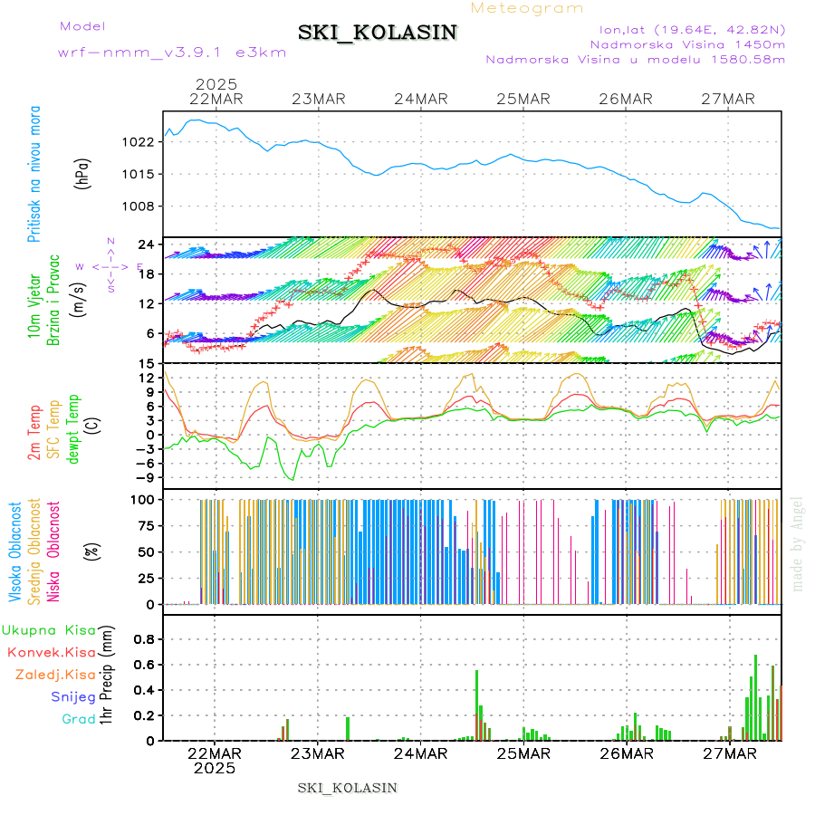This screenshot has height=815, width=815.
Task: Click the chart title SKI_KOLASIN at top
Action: pyautogui.click(x=378, y=33)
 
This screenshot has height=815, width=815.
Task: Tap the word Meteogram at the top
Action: pyautogui.click(x=528, y=8)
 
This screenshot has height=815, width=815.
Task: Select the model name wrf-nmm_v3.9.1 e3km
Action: pyautogui.click(x=172, y=53)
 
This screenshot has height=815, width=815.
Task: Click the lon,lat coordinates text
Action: pyautogui.click(x=687, y=29)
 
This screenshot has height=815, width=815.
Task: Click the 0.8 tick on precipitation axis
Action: pyautogui.click(x=146, y=638)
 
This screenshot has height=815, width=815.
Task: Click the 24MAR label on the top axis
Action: pyautogui.click(x=422, y=99)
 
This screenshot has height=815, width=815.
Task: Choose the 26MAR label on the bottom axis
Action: pyautogui.click(x=626, y=753)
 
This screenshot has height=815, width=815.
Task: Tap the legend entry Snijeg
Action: pyautogui.click(x=73, y=696)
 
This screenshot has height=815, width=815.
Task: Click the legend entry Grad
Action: pyautogui.click(x=78, y=720)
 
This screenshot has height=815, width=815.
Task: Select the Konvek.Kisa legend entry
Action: pyautogui.click(x=52, y=652)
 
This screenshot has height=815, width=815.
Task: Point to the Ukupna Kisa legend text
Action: pyautogui.click(x=49, y=629)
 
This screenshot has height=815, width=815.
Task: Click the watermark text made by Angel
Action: pyautogui.click(x=798, y=543)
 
